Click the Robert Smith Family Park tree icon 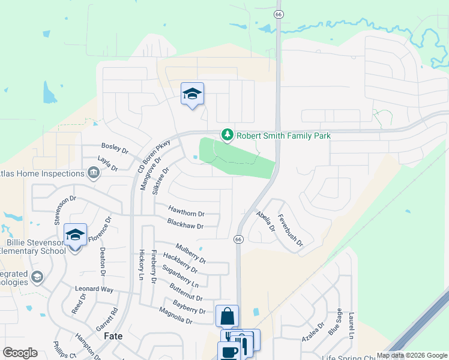click(227, 135)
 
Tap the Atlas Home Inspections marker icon click(94, 173)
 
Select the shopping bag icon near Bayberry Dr click(228, 316)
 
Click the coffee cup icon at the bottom click(228, 352)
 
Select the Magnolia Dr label click(175, 316)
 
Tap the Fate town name click(113, 336)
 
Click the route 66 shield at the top click(278, 14)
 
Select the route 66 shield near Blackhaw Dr click(238, 239)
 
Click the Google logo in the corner click(20, 353)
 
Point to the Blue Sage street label click(335, 322)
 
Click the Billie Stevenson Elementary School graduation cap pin click(75, 236)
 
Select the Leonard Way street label click(94, 289)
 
